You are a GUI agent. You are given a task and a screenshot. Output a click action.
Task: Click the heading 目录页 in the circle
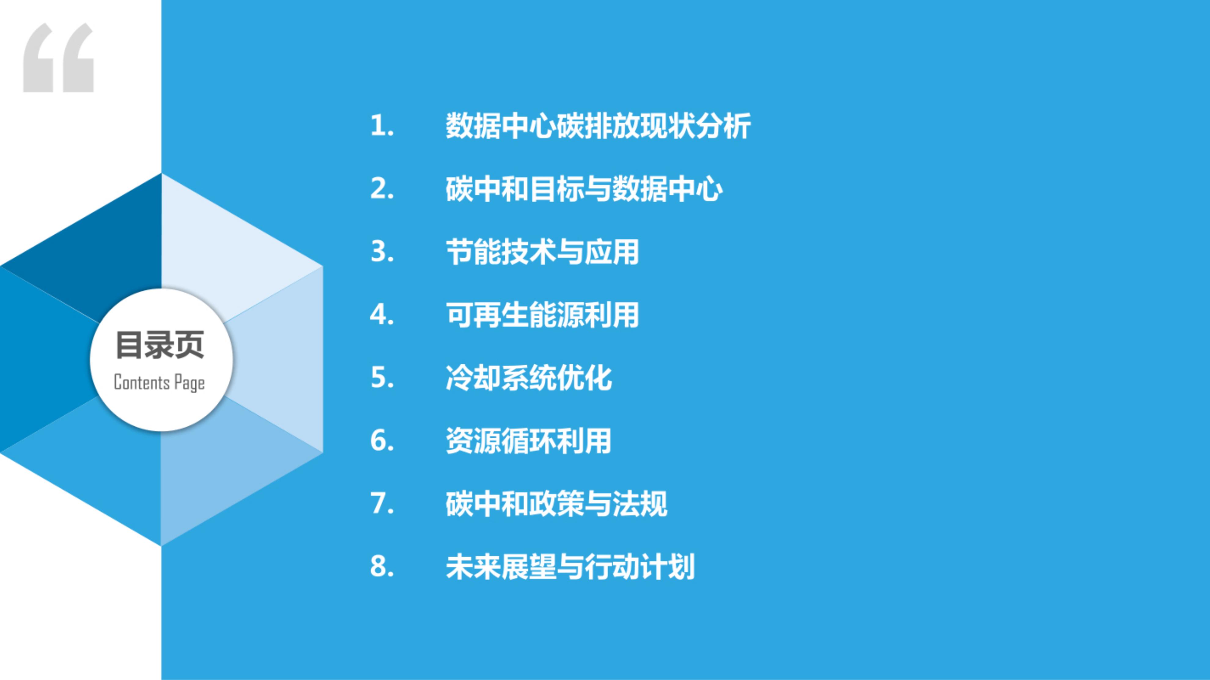(x=160, y=345)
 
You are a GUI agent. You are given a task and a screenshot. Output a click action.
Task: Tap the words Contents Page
(x=159, y=382)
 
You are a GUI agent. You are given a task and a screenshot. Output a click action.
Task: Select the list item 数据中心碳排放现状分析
(x=598, y=126)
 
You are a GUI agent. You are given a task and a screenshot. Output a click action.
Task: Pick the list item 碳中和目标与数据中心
(x=584, y=189)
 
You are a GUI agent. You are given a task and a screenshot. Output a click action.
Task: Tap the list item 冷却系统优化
(x=529, y=378)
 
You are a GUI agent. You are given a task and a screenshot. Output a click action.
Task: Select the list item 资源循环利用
(x=529, y=441)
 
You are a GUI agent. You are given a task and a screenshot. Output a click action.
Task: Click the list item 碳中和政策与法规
(x=556, y=504)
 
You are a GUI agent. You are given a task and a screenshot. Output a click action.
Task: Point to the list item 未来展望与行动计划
(x=570, y=567)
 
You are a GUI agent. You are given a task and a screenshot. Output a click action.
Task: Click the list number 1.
(x=382, y=126)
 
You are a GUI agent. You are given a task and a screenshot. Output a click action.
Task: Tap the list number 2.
(x=382, y=189)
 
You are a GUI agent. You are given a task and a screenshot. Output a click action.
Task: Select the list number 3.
(x=382, y=252)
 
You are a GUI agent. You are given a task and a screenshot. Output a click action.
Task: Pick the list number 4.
(x=382, y=315)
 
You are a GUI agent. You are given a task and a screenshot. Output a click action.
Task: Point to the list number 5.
(x=382, y=378)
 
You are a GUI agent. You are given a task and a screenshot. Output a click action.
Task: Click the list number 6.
(x=382, y=441)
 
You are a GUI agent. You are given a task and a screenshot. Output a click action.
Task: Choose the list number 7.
(x=382, y=504)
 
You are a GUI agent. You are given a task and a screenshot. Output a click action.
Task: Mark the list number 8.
(x=382, y=567)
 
